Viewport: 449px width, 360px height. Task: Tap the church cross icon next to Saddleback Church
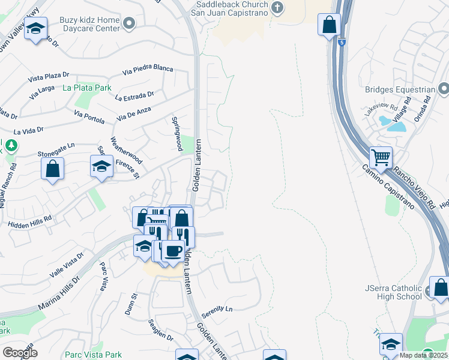tap(277, 7)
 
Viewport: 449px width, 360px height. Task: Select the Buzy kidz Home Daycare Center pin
tap(128, 23)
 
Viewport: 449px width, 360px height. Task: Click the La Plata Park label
tap(87, 88)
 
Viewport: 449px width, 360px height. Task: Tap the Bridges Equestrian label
tap(399, 90)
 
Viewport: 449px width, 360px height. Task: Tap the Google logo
tap(20, 353)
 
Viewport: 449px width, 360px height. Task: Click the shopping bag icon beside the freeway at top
tap(329, 25)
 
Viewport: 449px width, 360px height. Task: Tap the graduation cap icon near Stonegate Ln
tap(101, 166)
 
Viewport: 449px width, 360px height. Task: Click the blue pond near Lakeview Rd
tap(396, 125)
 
